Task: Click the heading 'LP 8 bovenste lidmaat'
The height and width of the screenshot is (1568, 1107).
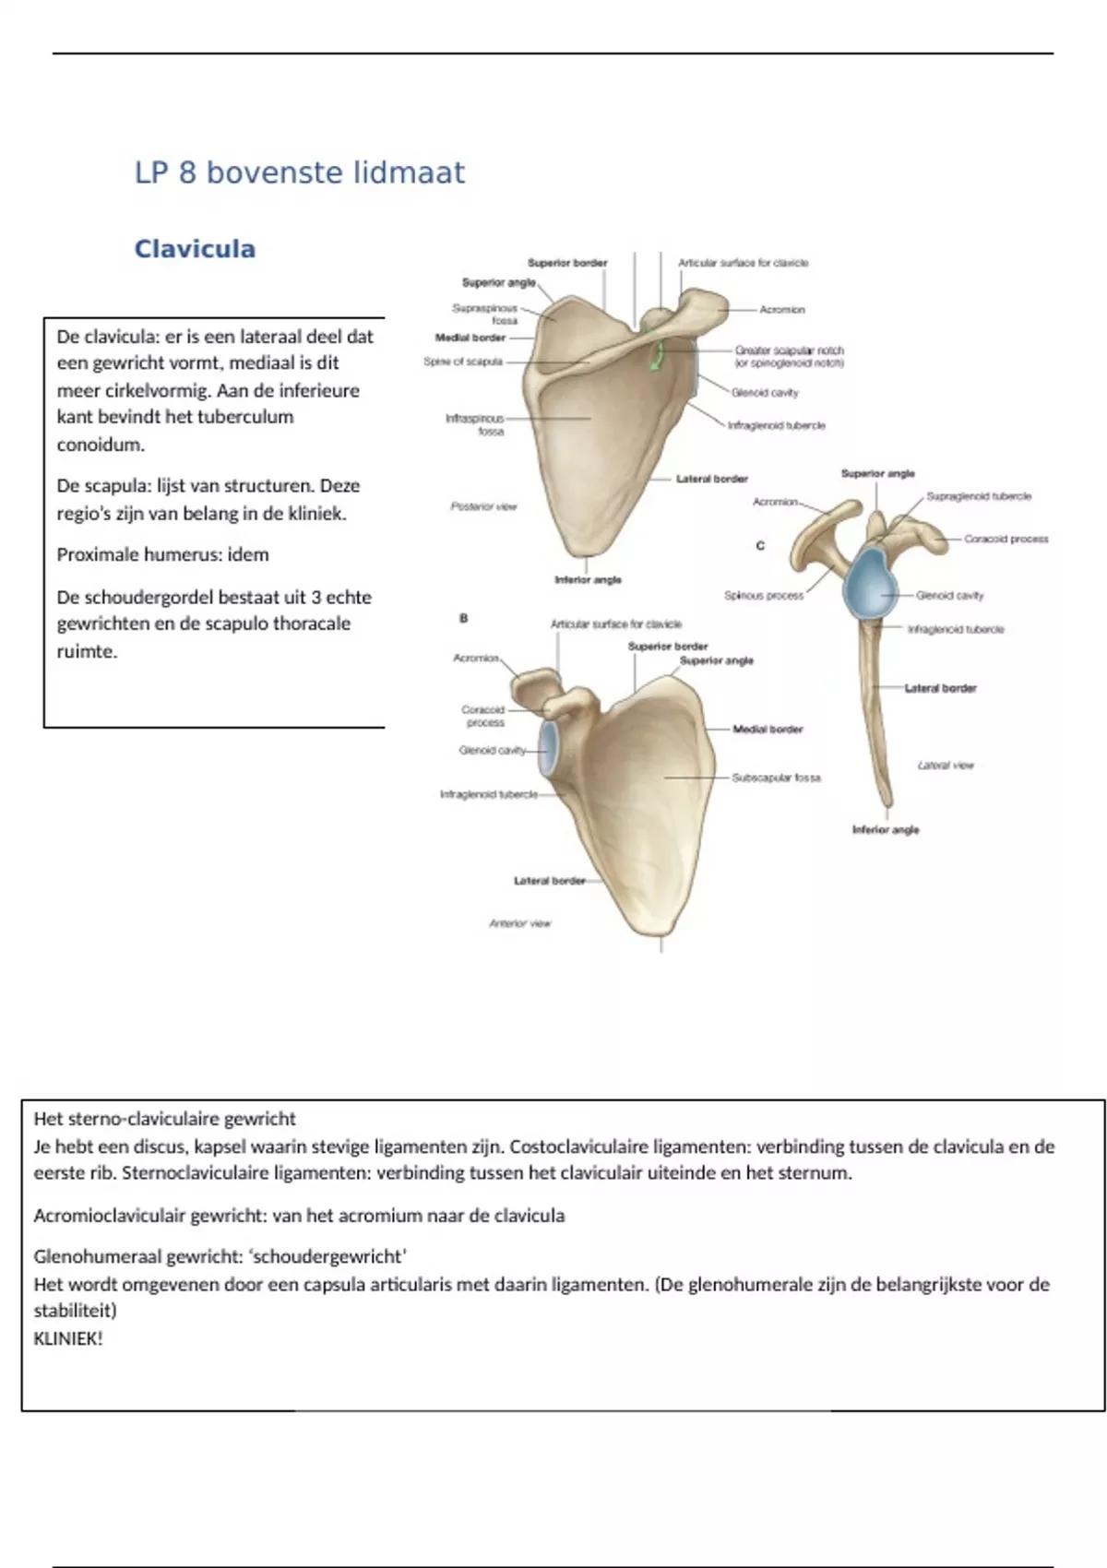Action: (300, 172)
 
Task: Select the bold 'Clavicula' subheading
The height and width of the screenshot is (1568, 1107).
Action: (195, 249)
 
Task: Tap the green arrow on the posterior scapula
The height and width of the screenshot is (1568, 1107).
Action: (657, 356)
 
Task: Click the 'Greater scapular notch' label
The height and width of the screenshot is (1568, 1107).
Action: (789, 356)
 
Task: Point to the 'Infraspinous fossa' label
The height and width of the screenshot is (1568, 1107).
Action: (476, 424)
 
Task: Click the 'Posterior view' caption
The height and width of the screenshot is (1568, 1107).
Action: (483, 506)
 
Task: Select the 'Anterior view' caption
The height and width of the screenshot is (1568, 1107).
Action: (519, 923)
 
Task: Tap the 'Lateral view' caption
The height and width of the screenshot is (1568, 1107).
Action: (945, 765)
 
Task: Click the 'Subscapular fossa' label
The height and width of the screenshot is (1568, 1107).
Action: (776, 778)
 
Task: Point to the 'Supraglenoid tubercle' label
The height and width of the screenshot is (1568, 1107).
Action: (978, 496)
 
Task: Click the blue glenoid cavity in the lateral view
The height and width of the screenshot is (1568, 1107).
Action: (868, 583)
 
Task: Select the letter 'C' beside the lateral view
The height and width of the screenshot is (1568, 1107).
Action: (760, 546)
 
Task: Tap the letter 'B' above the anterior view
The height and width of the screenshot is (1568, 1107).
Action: (464, 618)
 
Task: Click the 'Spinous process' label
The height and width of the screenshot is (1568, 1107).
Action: (764, 596)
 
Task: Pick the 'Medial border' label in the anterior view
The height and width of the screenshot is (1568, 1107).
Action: (768, 730)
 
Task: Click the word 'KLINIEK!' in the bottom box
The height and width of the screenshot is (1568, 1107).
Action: (68, 1339)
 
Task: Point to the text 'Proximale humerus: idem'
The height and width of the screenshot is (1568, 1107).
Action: (162, 555)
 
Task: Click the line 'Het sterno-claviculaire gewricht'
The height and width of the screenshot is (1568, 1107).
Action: (164, 1119)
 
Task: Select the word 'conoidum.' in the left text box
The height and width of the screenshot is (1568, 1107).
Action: (101, 445)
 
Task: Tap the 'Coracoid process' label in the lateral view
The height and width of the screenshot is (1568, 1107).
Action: (1006, 539)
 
